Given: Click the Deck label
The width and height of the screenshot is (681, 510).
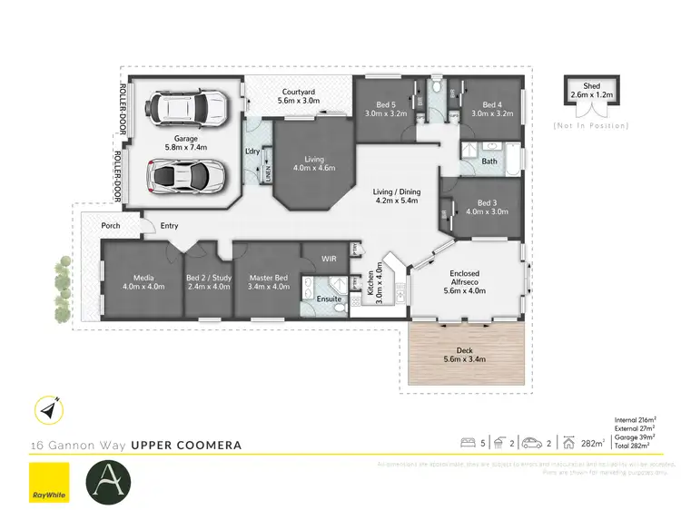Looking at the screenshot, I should (x=463, y=354).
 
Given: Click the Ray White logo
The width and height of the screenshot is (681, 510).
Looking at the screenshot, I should (x=49, y=481).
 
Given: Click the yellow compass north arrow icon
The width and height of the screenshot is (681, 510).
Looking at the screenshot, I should (x=48, y=411).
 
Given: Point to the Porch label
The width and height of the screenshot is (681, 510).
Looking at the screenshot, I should (x=111, y=226).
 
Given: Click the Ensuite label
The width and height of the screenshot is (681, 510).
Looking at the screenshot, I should (x=329, y=298).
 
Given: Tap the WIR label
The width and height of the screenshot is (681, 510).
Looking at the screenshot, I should (x=330, y=259).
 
